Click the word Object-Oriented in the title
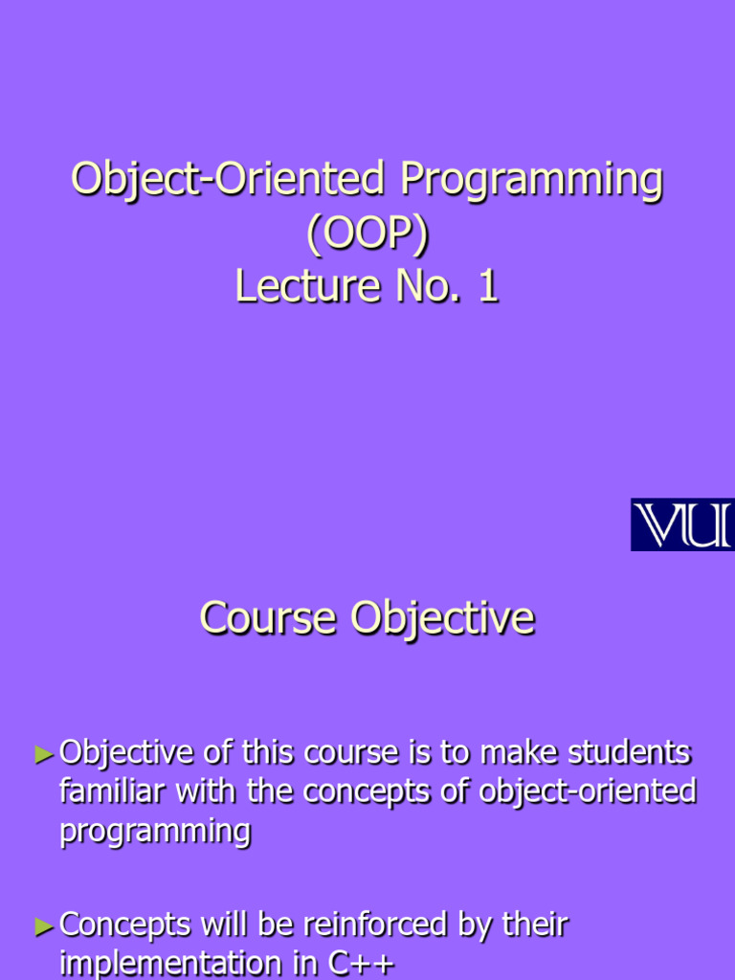(229, 181)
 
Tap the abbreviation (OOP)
(367, 234)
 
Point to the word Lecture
(298, 286)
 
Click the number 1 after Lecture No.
(488, 286)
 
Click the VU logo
(681, 524)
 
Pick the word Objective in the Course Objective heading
(442, 619)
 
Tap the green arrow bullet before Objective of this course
(44, 755)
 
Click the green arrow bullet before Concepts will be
(44, 926)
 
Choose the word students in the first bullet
(629, 753)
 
